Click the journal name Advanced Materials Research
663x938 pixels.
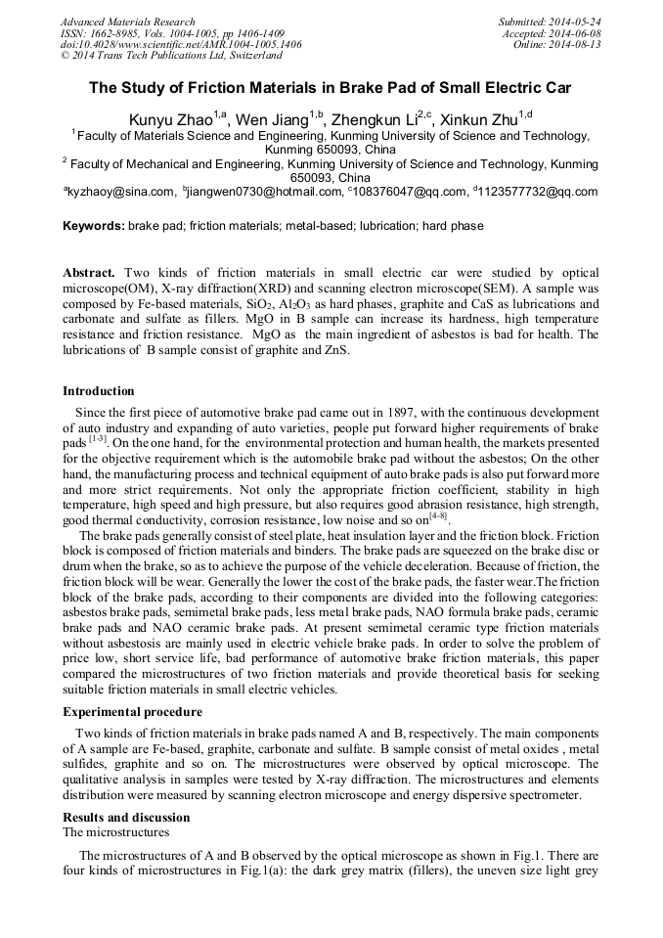[x=127, y=22]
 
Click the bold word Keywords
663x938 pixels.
[x=93, y=226]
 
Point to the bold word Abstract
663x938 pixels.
[x=89, y=271]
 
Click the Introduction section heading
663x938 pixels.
[x=99, y=391]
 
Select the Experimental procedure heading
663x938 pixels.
[x=132, y=712]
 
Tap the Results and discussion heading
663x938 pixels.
[x=126, y=818]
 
